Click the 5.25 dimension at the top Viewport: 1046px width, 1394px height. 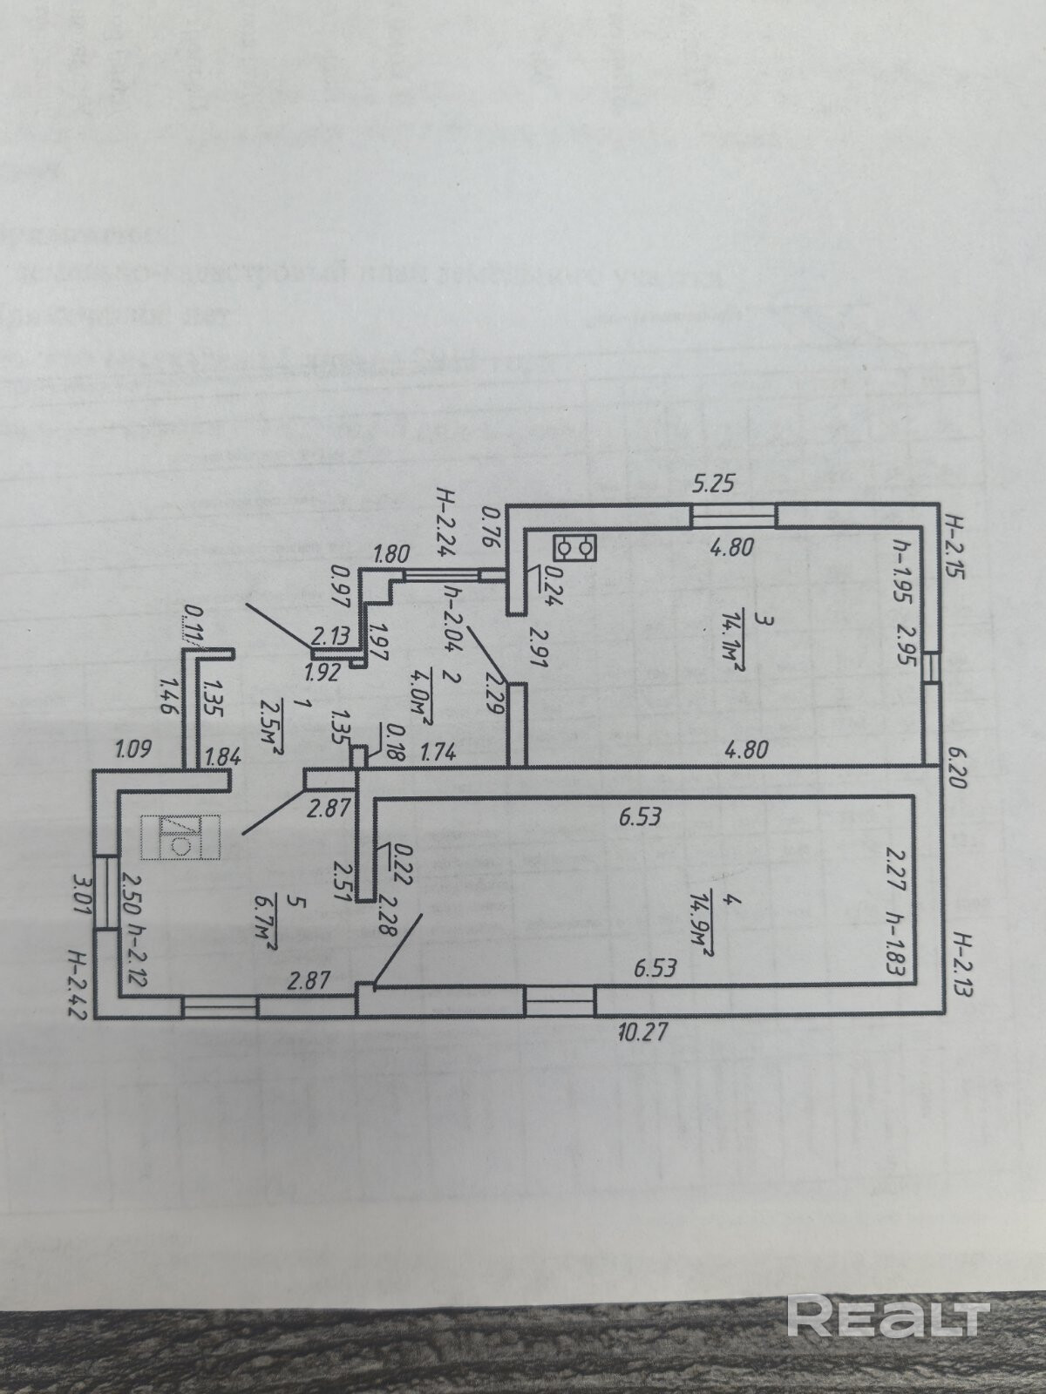tap(716, 485)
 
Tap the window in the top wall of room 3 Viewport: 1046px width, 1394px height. tap(732, 516)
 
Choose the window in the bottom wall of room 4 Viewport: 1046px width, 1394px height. tap(560, 1001)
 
